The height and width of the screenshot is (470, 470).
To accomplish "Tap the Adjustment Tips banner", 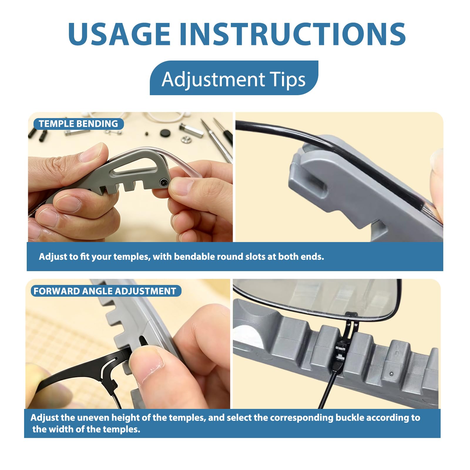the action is pyautogui.click(x=234, y=78).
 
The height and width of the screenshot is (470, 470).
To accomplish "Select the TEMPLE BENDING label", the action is pyautogui.click(x=78, y=124).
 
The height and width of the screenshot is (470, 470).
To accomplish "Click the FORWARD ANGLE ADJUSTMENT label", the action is pyautogui.click(x=106, y=291).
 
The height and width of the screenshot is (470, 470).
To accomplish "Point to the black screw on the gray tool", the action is pyautogui.click(x=164, y=183).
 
